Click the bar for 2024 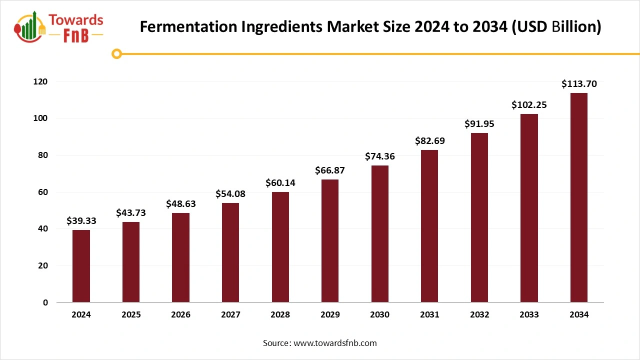81,266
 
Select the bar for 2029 330,241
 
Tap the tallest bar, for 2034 579,197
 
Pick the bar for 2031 429,226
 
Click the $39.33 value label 81,221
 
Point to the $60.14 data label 280,183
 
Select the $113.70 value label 579,84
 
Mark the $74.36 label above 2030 380,156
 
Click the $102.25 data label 529,105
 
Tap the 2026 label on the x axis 180,314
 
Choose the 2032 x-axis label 479,314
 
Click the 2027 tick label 230,314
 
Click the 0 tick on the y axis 45,302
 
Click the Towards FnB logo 59,27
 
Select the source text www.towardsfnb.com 335,343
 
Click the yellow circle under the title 116,53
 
